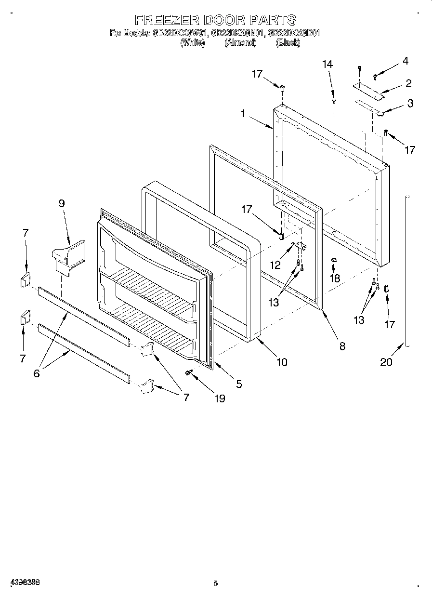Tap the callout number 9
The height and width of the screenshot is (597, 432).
62,203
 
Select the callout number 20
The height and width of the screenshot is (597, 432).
386,362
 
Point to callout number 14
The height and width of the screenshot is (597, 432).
327,65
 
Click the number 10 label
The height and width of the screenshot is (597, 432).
281,362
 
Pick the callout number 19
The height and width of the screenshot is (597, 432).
219,398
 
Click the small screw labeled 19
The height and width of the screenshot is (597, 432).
190,372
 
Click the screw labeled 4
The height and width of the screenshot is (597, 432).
376,75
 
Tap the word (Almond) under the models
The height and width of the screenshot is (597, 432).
240,43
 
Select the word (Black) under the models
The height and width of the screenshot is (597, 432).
288,43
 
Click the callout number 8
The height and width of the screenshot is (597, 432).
342,346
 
